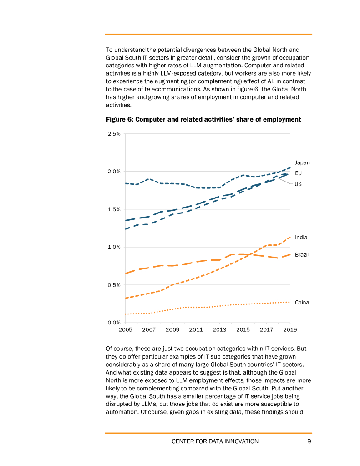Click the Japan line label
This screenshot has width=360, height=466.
coord(302,162)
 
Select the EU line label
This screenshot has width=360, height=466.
coord(298,173)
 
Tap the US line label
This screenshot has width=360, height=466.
coord(298,184)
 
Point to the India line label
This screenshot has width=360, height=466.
coord(301,237)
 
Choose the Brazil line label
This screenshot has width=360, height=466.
coord(302,254)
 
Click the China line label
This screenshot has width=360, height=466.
coord(302,302)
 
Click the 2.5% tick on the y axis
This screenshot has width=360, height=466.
coord(114,134)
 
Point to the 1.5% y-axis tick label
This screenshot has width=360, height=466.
coord(114,209)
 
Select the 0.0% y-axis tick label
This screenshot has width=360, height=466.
coord(114,323)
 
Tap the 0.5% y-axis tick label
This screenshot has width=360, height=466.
coord(114,285)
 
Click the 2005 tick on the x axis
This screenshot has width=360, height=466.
coord(125,329)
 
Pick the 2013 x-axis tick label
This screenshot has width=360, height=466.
coord(219,329)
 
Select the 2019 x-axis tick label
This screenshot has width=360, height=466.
coord(290,329)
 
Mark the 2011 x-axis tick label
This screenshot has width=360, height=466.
coord(196,329)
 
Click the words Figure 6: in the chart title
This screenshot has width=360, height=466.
coord(120,119)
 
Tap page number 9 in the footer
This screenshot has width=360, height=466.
coord(309,441)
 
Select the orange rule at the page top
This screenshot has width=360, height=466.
coord(208,34)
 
